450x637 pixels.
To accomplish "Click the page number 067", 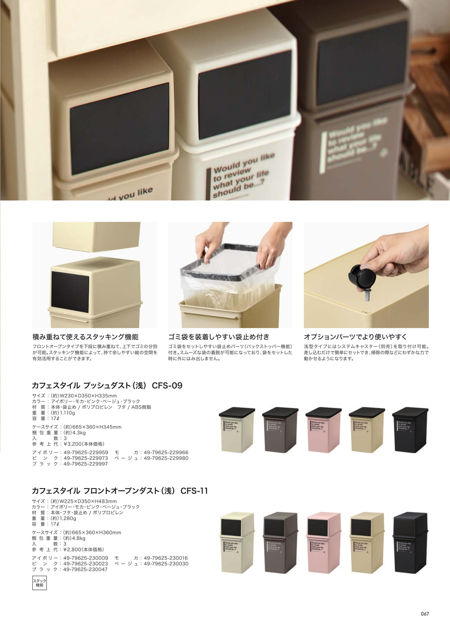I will (x=425, y=614).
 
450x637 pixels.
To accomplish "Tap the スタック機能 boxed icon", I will (x=39, y=583).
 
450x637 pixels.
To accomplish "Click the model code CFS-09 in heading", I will (x=167, y=386).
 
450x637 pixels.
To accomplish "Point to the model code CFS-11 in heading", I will (x=194, y=491).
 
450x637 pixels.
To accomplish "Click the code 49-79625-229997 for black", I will (x=85, y=464).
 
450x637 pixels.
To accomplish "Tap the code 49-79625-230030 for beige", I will (x=166, y=564).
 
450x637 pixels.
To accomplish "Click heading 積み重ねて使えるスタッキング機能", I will (x=85, y=337).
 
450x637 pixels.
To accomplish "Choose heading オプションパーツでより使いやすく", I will (x=355, y=337).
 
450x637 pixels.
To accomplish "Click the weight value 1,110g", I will (x=67, y=413).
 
